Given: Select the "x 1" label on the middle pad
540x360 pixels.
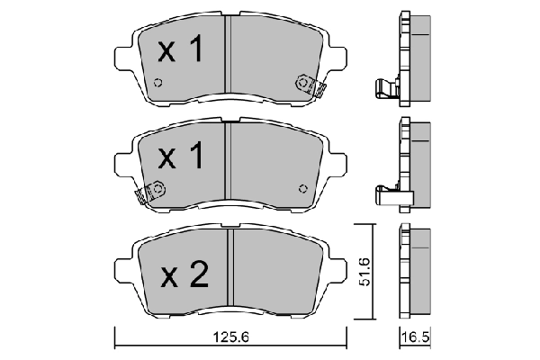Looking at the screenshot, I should (180, 158).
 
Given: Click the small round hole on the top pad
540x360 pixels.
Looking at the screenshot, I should (158, 85).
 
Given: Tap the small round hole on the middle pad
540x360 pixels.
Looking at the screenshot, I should (302, 189).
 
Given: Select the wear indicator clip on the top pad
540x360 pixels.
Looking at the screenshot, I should (309, 86).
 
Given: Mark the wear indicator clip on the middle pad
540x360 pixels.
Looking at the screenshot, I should (148, 193).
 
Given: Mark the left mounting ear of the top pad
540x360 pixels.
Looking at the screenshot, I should (123, 56).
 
